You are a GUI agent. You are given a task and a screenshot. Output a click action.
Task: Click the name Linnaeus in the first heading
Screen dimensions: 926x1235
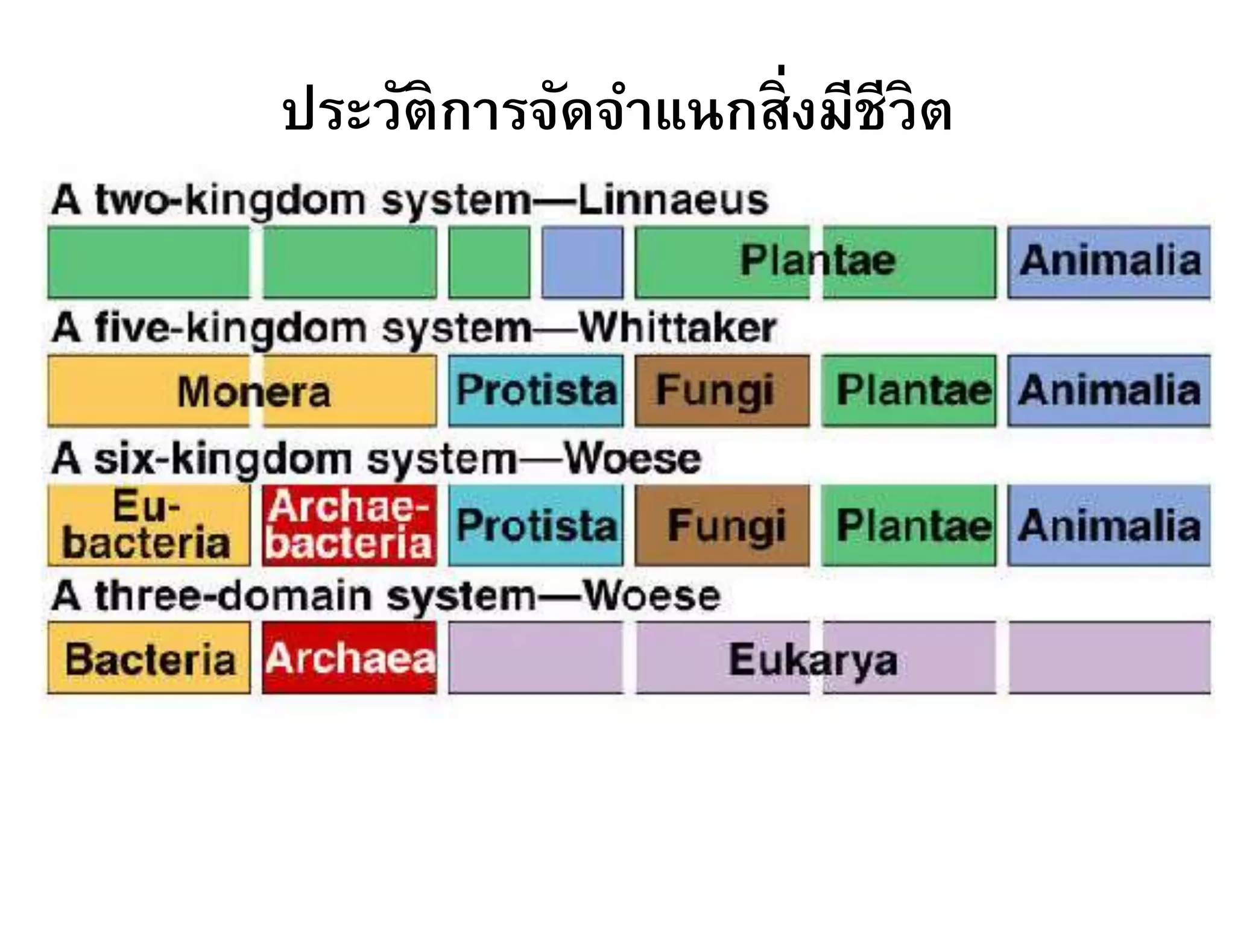(673, 201)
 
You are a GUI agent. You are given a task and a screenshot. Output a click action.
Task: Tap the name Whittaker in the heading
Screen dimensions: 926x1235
(677, 329)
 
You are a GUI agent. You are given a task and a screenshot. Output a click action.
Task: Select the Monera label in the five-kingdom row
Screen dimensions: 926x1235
(254, 392)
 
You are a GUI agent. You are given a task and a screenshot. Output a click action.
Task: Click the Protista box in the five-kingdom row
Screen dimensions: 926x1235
(536, 391)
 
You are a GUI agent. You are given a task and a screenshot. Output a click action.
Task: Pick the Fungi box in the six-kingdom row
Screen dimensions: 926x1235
(722, 526)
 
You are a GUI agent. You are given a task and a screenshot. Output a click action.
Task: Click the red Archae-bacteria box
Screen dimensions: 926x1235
(349, 526)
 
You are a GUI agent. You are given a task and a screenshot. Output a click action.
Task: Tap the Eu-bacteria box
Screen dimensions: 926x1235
(148, 526)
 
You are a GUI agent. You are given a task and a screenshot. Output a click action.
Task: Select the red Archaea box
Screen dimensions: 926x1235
(349, 658)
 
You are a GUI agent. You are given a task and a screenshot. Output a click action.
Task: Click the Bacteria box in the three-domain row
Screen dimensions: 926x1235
(148, 658)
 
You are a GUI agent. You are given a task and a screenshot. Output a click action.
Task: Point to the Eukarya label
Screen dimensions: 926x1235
(813, 660)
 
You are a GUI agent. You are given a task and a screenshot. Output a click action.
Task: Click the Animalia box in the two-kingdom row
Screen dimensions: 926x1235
(1109, 262)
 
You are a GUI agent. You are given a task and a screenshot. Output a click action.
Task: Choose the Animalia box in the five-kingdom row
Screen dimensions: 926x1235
(1109, 391)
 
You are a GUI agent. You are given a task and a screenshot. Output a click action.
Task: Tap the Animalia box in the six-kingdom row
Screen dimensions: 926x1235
(1109, 526)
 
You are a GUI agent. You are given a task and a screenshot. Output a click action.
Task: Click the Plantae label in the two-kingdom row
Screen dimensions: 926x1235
(817, 261)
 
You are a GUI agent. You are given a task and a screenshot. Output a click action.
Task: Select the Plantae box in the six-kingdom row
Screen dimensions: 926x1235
(909, 526)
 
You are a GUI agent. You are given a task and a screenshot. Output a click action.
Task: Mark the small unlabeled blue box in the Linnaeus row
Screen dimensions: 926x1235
(583, 262)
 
